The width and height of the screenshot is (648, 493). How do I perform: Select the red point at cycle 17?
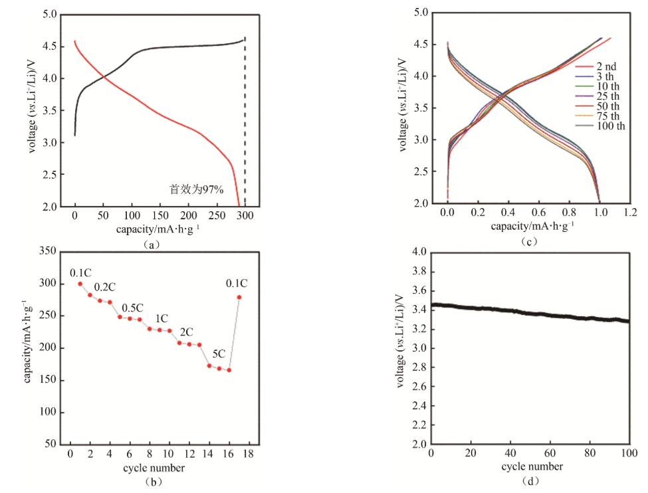pyautogui.click(x=239, y=297)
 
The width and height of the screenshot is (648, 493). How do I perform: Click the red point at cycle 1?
pyautogui.click(x=80, y=284)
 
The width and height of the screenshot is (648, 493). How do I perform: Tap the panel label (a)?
pyautogui.click(x=151, y=244)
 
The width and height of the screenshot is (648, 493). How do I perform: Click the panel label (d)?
pyautogui.click(x=530, y=480)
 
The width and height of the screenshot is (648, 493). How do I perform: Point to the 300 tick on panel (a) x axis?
pyautogui.click(x=246, y=217)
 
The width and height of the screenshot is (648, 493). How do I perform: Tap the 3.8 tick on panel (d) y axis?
pyautogui.click(x=417, y=272)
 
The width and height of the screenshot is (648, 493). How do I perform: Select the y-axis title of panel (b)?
pyautogui.click(x=28, y=342)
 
